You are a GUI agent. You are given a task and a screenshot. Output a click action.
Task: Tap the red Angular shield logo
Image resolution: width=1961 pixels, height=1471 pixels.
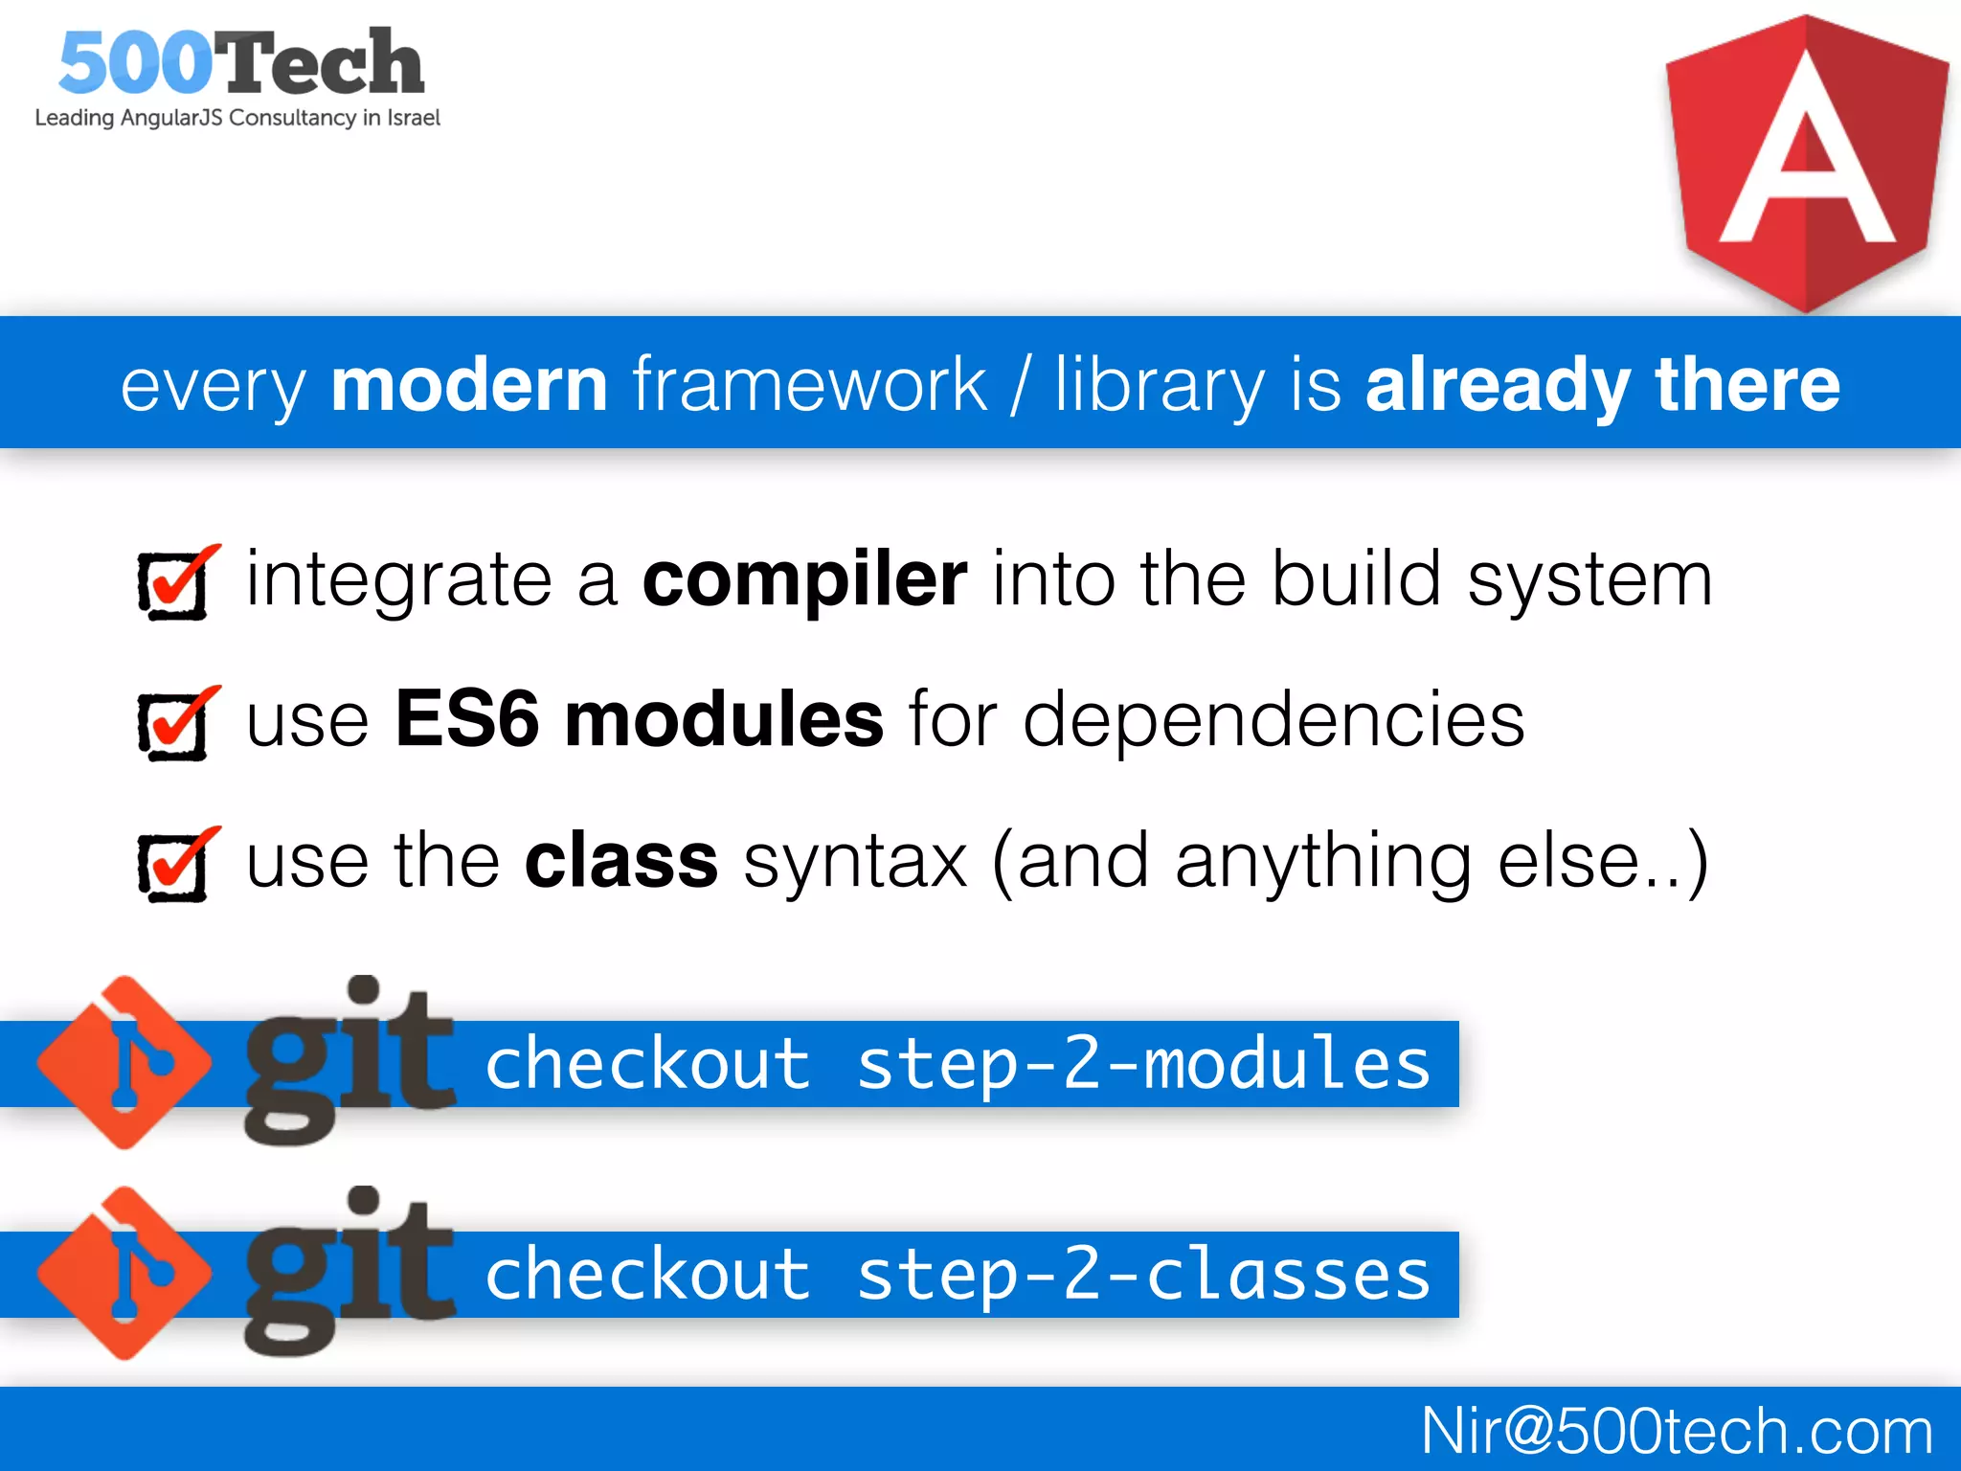tap(1806, 163)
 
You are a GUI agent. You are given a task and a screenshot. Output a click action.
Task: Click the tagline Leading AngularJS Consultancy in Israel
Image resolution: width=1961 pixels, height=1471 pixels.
tap(237, 118)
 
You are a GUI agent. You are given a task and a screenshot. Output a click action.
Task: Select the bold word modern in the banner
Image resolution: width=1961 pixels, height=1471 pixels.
tap(469, 385)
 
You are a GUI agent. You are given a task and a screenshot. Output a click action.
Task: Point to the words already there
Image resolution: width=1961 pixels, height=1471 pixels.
tap(1602, 385)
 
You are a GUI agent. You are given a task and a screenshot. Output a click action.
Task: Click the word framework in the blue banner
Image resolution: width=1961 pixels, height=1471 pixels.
tap(809, 385)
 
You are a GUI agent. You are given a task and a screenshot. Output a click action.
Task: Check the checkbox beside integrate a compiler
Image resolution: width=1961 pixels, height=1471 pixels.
tap(174, 583)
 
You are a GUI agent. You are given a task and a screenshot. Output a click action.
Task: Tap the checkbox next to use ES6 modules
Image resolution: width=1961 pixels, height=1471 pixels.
tap(174, 724)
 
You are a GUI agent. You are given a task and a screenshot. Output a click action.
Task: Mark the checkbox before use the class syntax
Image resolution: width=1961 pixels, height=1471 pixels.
tap(174, 865)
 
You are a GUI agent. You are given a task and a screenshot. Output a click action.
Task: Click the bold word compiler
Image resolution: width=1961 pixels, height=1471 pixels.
tap(804, 580)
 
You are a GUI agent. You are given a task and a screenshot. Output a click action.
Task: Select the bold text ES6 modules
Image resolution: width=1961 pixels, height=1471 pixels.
tap(639, 720)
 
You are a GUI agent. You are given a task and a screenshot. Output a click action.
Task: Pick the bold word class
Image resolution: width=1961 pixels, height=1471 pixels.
tap(621, 861)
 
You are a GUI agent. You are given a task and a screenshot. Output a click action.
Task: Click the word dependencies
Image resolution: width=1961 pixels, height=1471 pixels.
tap(1274, 720)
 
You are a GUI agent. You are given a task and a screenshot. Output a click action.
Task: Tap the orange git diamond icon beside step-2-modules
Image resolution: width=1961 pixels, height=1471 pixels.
tap(124, 1063)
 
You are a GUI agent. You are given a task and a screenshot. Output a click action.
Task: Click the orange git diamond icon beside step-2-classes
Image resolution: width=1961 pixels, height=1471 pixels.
tap(124, 1274)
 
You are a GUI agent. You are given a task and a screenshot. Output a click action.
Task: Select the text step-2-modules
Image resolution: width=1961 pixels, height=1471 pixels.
tap(1143, 1065)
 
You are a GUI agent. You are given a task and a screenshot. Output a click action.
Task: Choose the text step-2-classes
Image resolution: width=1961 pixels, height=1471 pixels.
tap(1143, 1276)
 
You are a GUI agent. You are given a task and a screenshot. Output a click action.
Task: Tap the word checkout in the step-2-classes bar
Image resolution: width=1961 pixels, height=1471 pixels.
tap(648, 1276)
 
